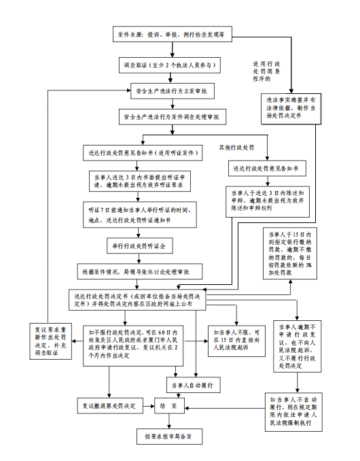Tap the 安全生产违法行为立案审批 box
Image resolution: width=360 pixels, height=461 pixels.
click(x=175, y=90)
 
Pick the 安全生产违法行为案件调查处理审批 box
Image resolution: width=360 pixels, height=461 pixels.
click(x=175, y=117)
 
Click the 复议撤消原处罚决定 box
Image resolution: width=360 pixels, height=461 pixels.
click(x=109, y=406)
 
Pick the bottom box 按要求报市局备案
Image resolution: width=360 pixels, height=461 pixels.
click(x=168, y=434)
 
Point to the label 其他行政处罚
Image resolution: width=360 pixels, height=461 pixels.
click(x=236, y=148)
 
